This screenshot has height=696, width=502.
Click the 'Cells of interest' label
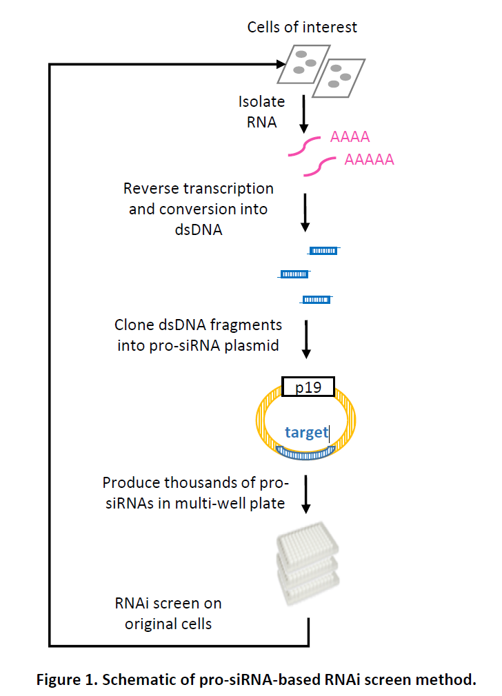pyautogui.click(x=303, y=28)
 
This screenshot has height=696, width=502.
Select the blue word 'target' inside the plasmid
pyautogui.click(x=307, y=433)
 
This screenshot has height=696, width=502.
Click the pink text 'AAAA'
pyautogui.click(x=350, y=136)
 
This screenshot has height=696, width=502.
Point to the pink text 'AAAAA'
pyautogui.click(x=369, y=160)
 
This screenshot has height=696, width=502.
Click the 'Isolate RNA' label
pyautogui.click(x=261, y=112)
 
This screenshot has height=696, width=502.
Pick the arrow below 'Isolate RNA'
pyautogui.click(x=304, y=113)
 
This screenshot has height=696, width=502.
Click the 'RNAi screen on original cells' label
pyautogui.click(x=169, y=613)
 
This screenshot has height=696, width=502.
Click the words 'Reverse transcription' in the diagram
pyautogui.click(x=199, y=189)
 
